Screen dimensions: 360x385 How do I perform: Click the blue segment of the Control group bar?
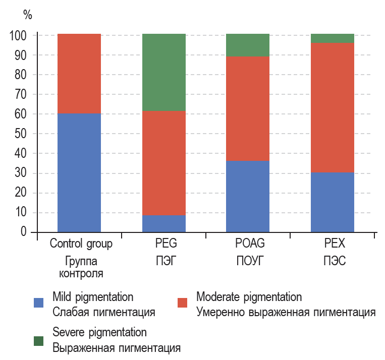tap(79, 172)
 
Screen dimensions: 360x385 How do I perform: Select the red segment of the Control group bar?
tap(79, 74)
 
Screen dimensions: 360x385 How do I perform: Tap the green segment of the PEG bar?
tap(163, 72)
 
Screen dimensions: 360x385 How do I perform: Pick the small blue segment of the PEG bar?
tap(163, 223)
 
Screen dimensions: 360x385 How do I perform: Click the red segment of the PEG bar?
tap(163, 163)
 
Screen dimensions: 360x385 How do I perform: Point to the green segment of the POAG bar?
tap(248, 45)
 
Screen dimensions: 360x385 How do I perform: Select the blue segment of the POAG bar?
tap(248, 196)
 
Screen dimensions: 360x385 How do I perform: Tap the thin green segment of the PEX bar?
tap(332, 38)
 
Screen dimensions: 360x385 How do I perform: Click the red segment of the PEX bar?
tap(332, 107)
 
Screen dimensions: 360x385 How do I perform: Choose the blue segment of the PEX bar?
tap(332, 202)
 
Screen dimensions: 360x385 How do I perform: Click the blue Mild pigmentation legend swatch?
tap(39, 303)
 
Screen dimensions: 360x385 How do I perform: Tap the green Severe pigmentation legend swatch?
tap(39, 341)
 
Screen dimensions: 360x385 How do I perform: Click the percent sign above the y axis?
tap(27, 15)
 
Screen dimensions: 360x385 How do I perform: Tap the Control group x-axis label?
tap(81, 244)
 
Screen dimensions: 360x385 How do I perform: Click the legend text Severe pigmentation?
tap(99, 333)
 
